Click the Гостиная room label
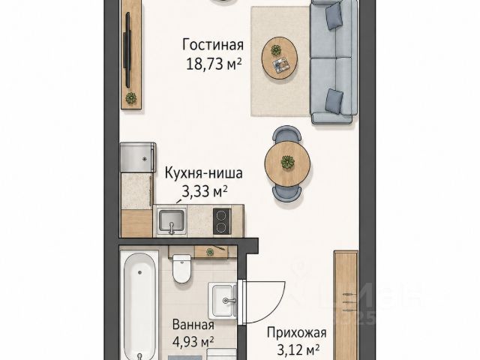(x=213, y=45)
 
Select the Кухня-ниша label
(x=204, y=173)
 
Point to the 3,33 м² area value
(x=205, y=192)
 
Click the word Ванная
(x=193, y=325)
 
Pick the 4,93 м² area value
(x=193, y=342)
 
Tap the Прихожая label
(x=296, y=332)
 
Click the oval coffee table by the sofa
(x=280, y=58)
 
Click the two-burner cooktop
(x=222, y=221)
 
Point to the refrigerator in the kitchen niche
(x=138, y=157)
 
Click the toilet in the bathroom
(x=181, y=268)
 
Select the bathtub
(x=139, y=305)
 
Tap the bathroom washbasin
(x=223, y=301)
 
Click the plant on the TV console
(x=131, y=98)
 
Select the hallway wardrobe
(x=346, y=305)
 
